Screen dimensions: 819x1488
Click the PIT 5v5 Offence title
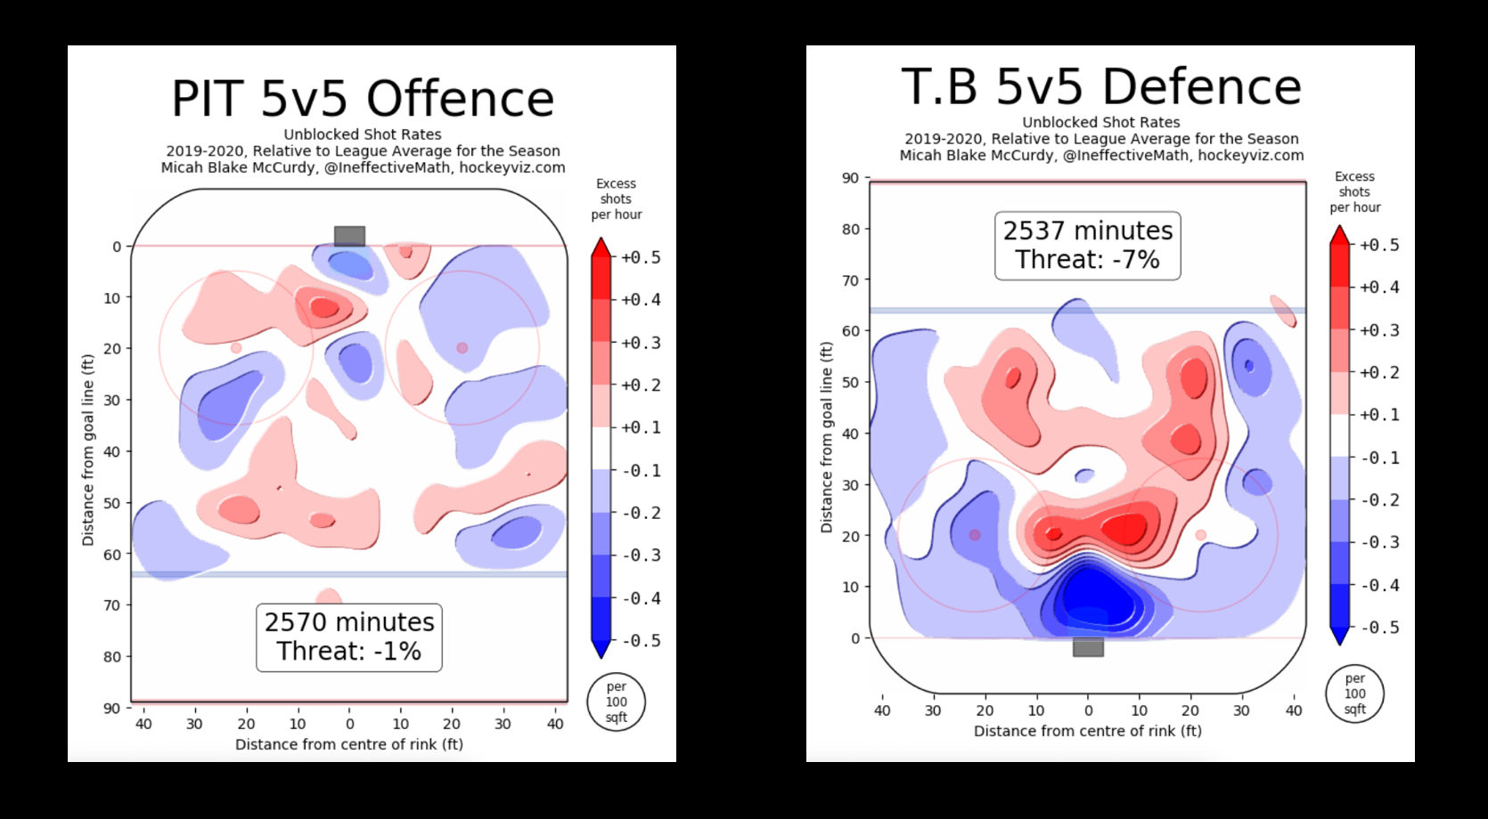pos(363,98)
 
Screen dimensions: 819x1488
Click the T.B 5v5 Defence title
pos(1101,86)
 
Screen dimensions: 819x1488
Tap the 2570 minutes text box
pos(349,637)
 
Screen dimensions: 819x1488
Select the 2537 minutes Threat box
pos(1087,245)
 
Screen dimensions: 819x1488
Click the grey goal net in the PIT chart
pos(349,236)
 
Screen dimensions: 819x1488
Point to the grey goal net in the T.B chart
pos(1088,647)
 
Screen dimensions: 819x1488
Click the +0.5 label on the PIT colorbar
pos(641,257)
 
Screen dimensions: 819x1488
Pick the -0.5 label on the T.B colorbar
pos(1379,628)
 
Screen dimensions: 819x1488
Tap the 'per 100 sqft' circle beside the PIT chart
pos(616,701)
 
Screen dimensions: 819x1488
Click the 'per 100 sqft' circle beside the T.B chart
pos(1354,693)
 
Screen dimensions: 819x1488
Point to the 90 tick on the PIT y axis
pos(111,709)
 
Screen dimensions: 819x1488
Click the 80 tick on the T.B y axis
pos(850,229)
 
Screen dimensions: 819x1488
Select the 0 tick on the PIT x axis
pos(349,725)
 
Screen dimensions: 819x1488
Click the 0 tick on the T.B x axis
pos(1088,710)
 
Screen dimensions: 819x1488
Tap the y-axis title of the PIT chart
pos(88,450)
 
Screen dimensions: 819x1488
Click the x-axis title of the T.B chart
pos(1087,731)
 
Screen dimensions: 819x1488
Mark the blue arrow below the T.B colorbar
pos(1339,635)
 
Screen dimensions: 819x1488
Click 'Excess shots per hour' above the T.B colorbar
pos(1354,191)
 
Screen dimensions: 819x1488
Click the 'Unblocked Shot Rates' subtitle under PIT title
pos(363,134)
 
